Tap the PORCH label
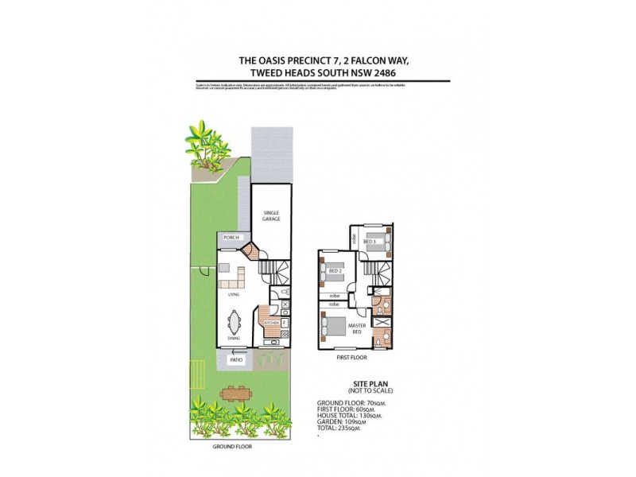click(231, 238)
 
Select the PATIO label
click(236, 360)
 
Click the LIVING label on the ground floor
click(234, 295)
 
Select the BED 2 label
click(335, 271)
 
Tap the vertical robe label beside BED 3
click(353, 238)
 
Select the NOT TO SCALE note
click(370, 390)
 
